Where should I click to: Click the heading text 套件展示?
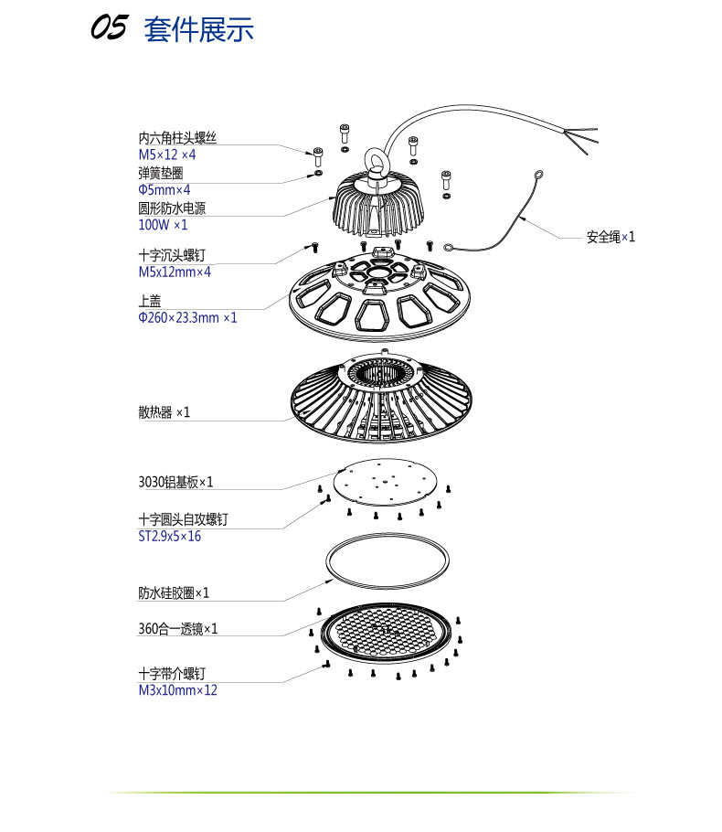pos(198,29)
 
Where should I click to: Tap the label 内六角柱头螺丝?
pos(177,138)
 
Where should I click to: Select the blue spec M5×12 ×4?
pos(166,155)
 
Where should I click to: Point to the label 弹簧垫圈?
pos(160,173)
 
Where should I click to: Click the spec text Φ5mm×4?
pos(164,189)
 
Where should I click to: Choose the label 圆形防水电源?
pos(172,208)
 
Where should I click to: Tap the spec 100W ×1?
pos(162,225)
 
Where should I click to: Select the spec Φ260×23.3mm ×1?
pos(187,317)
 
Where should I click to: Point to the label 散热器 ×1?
pos(164,412)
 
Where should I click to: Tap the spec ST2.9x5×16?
pos(169,537)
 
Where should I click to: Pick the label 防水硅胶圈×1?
pos(174,592)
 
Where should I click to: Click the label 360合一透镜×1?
pos(177,629)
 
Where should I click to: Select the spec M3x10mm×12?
pos(177,690)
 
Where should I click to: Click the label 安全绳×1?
pos(610,237)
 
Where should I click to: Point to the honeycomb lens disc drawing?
pos(384,631)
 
